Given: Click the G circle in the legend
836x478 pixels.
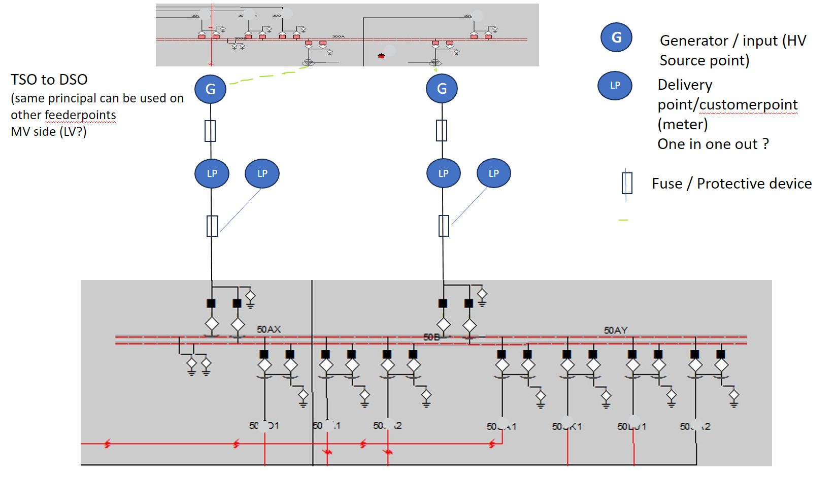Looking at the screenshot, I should coord(616,38).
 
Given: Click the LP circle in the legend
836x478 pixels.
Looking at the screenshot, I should coord(615,86).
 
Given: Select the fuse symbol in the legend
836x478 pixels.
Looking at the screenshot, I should coord(627,183).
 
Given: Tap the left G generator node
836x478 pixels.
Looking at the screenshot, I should coord(210,89).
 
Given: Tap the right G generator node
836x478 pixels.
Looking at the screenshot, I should coord(442,89).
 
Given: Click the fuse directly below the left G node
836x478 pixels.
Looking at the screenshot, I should coord(210,131).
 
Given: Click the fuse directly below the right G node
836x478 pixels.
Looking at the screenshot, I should coord(442,130).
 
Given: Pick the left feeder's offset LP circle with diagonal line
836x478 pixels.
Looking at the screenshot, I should coord(262,173).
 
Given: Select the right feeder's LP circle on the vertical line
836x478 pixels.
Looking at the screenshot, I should coord(443,173).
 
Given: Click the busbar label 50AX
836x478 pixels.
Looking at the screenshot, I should coord(269,329).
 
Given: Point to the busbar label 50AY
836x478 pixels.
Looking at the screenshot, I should coord(615,330).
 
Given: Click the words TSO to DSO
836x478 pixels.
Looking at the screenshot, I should coord(49,80).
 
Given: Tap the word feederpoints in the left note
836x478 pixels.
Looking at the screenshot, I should coord(80,115).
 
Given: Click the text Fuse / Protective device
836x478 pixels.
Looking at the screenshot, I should coord(731,183).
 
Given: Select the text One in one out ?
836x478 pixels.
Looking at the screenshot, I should coord(713,144).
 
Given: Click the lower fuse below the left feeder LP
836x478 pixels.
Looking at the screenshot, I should coord(212,226).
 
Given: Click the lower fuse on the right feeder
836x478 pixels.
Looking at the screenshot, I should coord(444,226).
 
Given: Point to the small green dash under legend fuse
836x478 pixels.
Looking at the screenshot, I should coord(623,220).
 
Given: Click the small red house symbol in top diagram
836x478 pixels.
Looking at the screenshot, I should coord(381,56).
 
